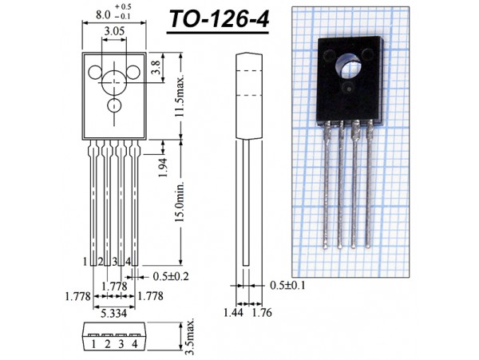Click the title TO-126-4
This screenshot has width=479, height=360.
216,22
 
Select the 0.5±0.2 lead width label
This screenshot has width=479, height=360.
170,277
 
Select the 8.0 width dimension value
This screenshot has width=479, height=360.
103,14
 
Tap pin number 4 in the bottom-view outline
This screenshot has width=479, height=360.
135,344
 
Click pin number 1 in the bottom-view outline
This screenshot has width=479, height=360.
93,344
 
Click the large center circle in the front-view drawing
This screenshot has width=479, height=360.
114,81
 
